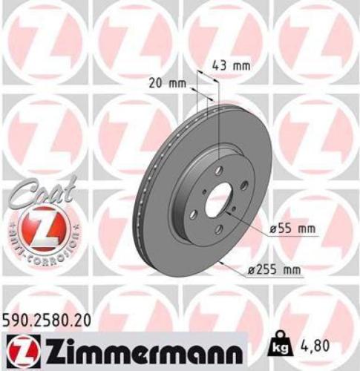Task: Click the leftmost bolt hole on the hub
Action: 193,214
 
